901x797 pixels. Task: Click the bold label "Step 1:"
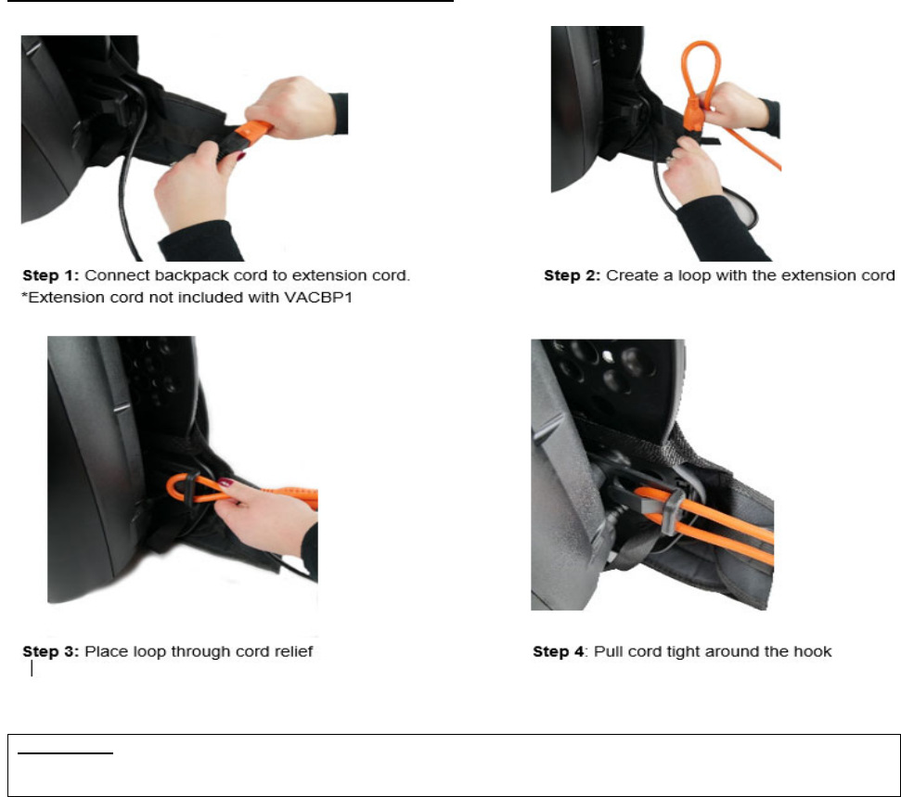[50, 276]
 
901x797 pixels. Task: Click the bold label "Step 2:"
[573, 276]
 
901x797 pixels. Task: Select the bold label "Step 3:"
[50, 651]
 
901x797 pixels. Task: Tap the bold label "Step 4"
[558, 651]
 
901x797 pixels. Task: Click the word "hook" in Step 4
[813, 651]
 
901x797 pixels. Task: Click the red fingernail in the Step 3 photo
[225, 482]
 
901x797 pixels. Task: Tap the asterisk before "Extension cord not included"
[25, 295]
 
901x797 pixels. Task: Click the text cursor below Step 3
[32, 669]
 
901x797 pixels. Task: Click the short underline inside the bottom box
[66, 752]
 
